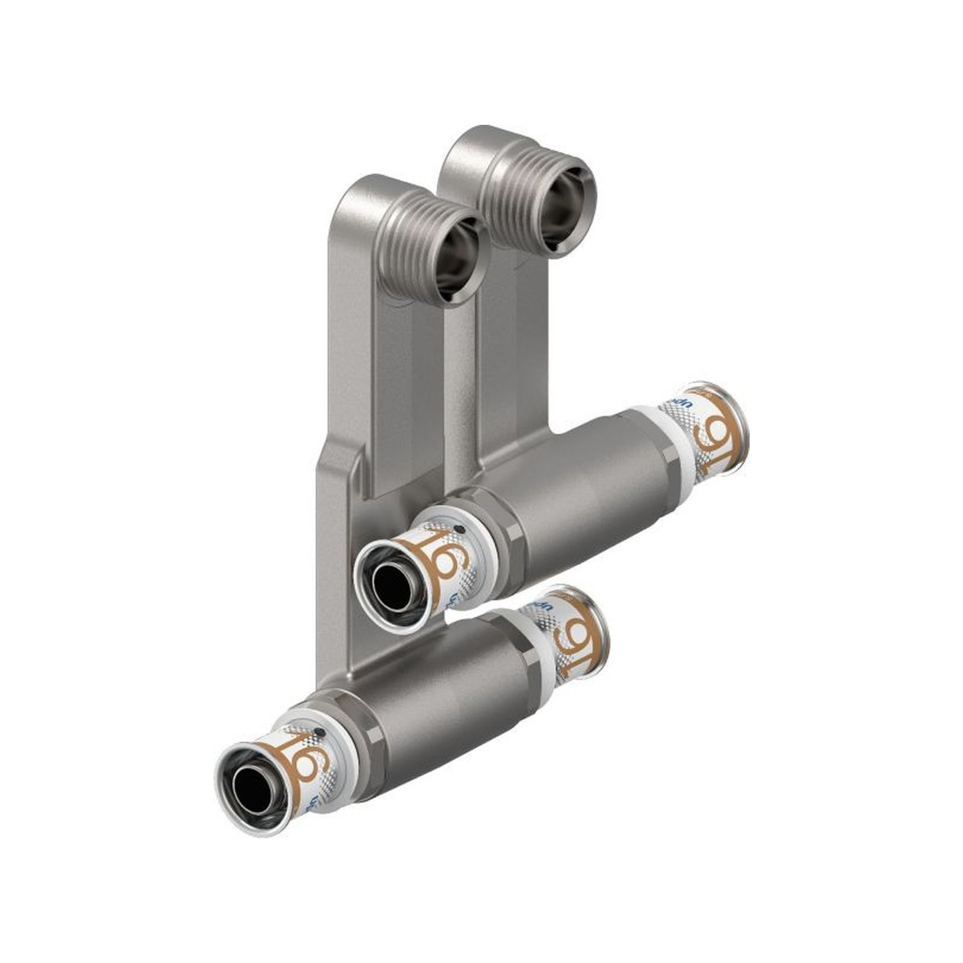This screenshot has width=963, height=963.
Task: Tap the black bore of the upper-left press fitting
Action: point(389,577)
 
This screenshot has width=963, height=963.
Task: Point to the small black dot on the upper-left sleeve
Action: point(459,528)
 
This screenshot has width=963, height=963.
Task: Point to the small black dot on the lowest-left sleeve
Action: point(320,732)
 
